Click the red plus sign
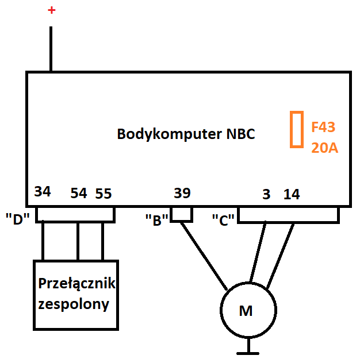52,10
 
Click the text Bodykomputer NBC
186,134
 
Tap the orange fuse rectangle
296,129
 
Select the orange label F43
323,126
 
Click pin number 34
43,191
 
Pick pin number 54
78,194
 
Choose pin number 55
104,194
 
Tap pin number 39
182,194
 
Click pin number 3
266,194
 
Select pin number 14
292,194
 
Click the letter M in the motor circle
246,311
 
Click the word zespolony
73,304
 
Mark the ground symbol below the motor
247,350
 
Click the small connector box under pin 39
182,214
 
